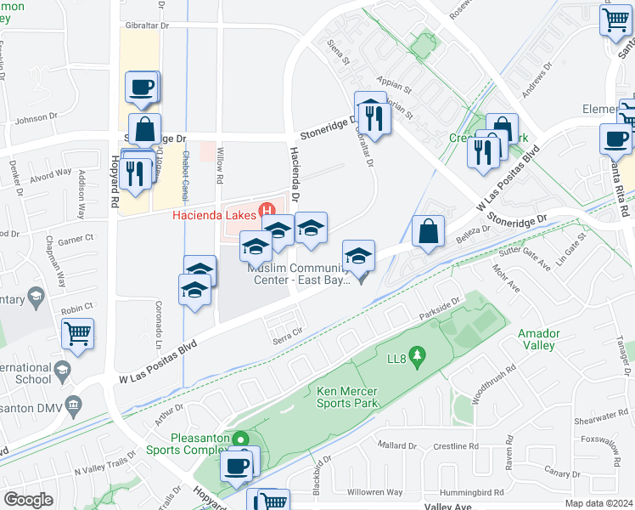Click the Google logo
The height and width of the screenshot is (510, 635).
[27, 500]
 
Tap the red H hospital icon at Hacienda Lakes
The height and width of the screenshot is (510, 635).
[269, 210]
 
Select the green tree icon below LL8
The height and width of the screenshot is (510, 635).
[416, 352]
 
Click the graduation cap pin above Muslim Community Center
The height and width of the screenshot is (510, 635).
[358, 255]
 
